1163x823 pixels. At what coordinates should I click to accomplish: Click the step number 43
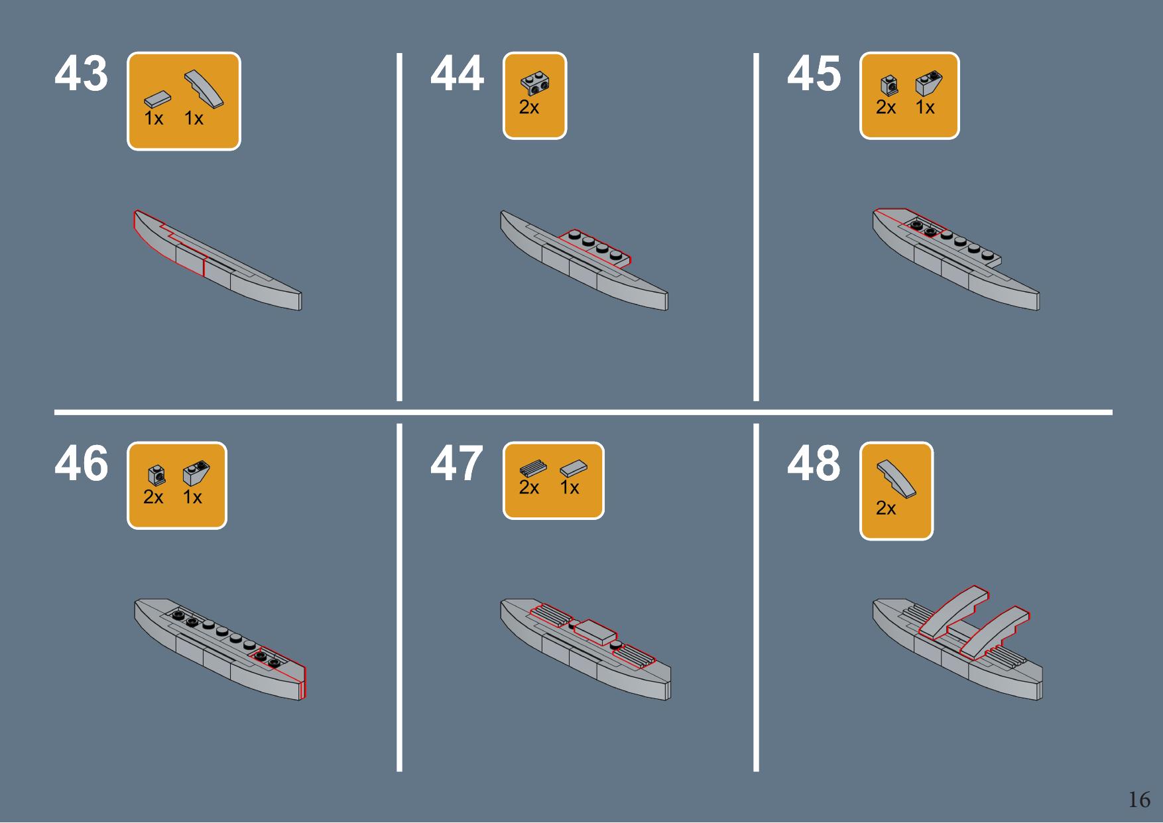pos(81,74)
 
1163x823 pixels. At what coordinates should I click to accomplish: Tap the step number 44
pos(458,74)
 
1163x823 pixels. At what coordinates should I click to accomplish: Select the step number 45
pos(814,74)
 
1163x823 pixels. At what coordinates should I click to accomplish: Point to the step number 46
pos(81,464)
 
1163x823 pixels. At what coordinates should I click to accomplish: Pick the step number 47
pos(458,464)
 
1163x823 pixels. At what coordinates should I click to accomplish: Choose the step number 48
pos(814,464)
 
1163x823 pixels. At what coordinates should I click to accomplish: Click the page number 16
pos(1139,800)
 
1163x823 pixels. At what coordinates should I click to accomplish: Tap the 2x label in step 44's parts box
pos(529,107)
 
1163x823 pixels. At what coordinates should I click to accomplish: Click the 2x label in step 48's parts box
pos(886,509)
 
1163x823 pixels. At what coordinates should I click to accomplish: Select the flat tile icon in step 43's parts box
pos(157,99)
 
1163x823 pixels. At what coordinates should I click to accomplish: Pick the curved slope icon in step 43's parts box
pos(203,88)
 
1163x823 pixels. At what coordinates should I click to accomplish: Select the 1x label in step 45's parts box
pos(925,107)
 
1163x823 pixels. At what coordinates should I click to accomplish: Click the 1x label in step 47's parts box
pos(570,488)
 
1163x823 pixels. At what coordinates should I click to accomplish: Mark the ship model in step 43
pos(217,260)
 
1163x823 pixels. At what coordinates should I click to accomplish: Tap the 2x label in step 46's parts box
pos(153,497)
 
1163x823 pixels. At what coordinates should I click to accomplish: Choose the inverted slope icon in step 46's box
pos(196,472)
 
